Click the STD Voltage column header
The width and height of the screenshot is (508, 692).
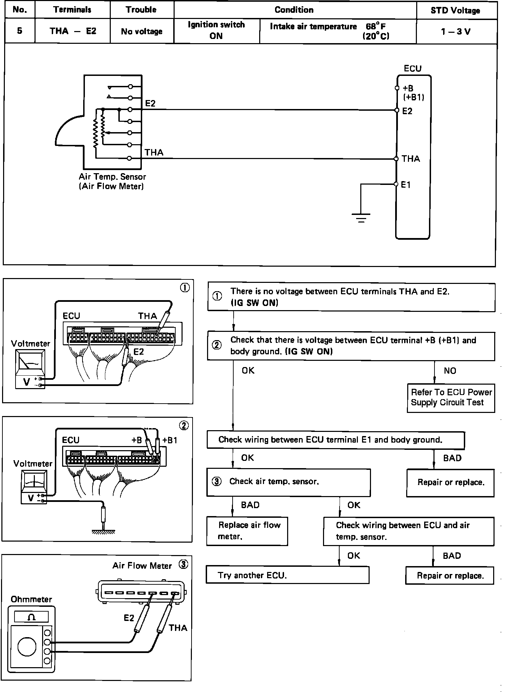[455, 10]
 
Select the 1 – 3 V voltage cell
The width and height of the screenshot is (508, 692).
[456, 32]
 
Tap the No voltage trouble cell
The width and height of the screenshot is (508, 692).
[141, 31]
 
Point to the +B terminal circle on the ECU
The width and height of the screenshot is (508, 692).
[397, 88]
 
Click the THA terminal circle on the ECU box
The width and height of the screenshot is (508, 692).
[397, 159]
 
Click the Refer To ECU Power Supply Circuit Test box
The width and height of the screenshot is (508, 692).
[450, 398]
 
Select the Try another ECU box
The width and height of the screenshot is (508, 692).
[287, 575]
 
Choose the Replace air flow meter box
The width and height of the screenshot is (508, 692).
[247, 531]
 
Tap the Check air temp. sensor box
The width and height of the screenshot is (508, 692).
[288, 482]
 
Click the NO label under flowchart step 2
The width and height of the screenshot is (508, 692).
[450, 371]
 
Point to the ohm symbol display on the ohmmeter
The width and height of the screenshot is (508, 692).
[31, 616]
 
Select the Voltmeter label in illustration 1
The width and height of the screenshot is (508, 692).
[30, 344]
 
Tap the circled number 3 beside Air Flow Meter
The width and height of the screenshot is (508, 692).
[183, 565]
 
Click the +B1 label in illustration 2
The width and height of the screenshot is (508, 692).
[170, 440]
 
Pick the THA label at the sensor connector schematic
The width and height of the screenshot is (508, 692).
[154, 152]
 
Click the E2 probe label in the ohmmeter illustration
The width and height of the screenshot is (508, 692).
[129, 618]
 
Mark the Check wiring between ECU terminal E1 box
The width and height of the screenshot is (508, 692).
[335, 440]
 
